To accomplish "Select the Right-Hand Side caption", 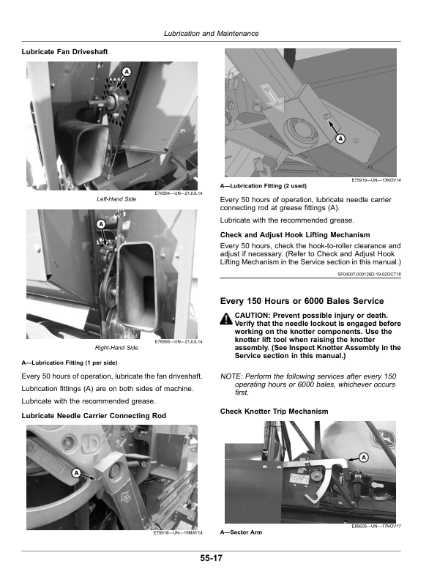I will click(x=117, y=347).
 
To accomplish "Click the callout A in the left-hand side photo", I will click(x=127, y=72).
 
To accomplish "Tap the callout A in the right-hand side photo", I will click(x=100, y=223).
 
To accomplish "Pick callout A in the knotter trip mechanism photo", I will click(x=362, y=457).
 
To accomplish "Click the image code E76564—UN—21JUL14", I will click(x=179, y=193).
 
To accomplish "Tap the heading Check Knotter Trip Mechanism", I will click(x=275, y=412).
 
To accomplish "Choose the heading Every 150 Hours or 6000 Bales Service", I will click(x=302, y=301).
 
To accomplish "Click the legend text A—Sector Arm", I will click(x=241, y=532).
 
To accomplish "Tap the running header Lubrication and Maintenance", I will click(x=212, y=34).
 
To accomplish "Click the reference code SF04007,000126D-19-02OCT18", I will click(x=369, y=275).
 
